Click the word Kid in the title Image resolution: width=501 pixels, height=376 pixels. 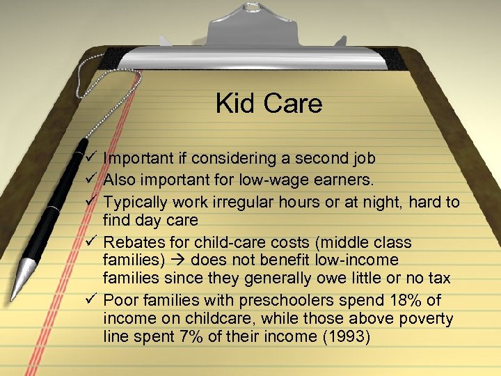coord(234,104)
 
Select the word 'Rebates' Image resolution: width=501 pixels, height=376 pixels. coord(130,242)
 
